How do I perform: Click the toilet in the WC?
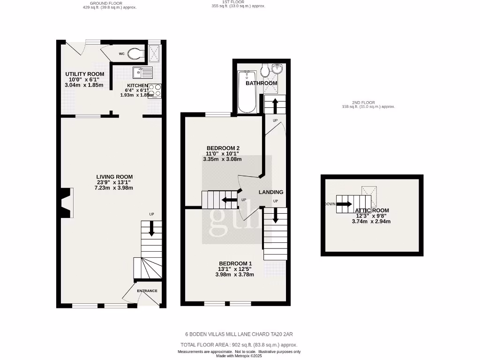click(136, 54)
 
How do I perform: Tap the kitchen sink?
click(142, 73)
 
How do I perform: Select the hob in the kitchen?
click(155, 90)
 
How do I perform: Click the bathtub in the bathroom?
click(247, 92)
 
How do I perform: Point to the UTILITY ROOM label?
click(84, 74)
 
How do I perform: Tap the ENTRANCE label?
click(147, 291)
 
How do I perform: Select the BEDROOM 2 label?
click(223, 148)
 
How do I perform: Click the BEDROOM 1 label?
click(235, 263)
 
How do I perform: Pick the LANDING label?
click(271, 192)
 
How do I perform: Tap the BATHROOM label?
click(262, 83)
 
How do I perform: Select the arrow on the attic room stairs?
click(344, 204)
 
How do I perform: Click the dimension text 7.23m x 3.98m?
click(113, 188)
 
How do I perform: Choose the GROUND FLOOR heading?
click(106, 3)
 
